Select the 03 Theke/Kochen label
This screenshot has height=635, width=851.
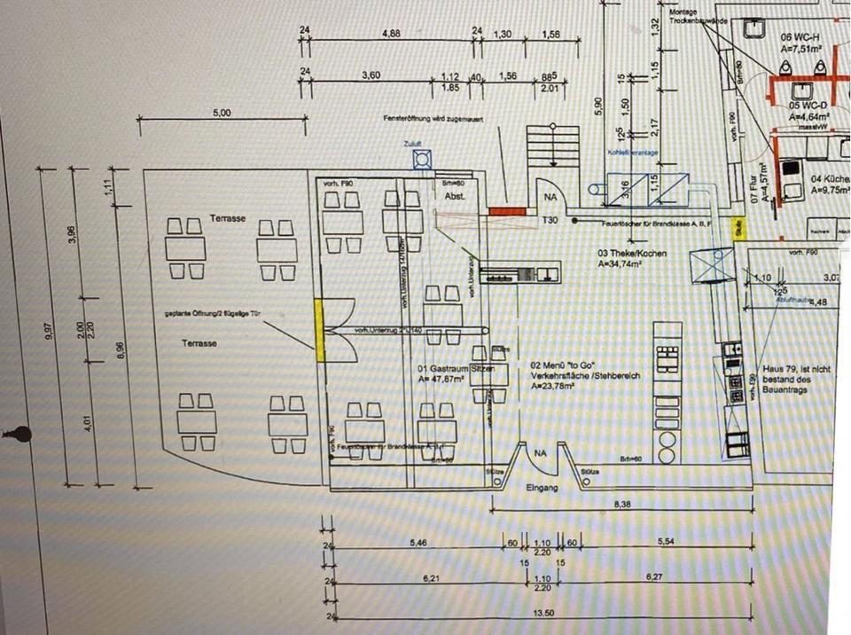(630, 253)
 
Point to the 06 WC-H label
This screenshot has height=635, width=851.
(799, 39)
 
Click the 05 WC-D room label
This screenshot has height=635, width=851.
(807, 105)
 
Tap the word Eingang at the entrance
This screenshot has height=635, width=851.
(542, 488)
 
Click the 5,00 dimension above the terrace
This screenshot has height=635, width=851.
(222, 114)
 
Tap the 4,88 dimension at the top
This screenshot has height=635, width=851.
(390, 34)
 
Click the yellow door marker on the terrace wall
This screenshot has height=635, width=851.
(319, 328)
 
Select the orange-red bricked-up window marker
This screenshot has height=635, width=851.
(504, 210)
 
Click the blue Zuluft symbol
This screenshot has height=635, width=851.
(422, 161)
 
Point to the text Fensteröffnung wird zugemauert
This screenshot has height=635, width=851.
(432, 119)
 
